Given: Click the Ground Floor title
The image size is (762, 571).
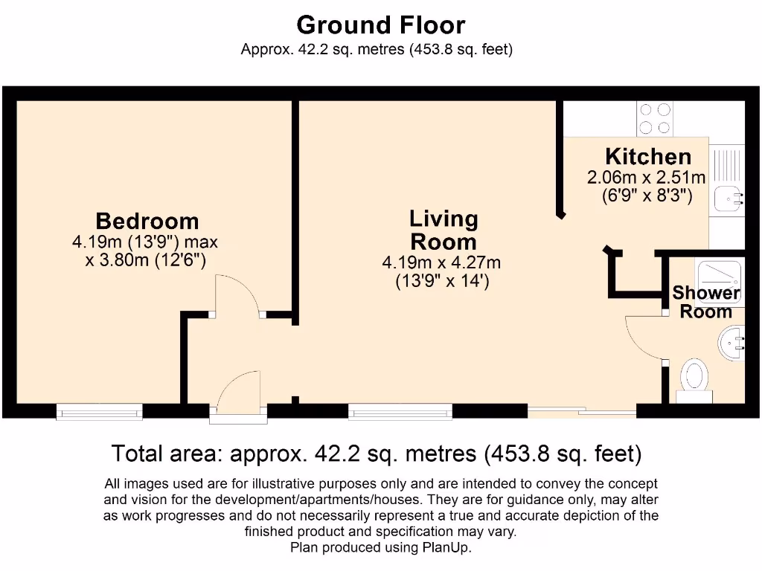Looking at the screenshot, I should [380, 25].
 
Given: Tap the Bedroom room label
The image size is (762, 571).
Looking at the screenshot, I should [147, 221].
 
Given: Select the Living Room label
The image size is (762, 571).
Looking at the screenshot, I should [444, 230].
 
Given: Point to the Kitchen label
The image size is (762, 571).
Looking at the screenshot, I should [648, 157].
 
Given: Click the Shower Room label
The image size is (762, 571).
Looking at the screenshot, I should [706, 302].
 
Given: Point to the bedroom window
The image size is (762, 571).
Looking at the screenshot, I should [100, 410].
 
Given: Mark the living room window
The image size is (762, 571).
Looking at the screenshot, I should [400, 410].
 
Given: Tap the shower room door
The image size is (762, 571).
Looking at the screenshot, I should [644, 338].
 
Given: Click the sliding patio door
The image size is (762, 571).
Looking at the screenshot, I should [582, 410].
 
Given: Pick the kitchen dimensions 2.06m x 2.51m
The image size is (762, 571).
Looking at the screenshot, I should [647, 178].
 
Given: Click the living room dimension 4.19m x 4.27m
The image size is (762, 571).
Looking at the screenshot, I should [441, 262].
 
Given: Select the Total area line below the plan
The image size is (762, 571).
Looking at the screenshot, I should [377, 453].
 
